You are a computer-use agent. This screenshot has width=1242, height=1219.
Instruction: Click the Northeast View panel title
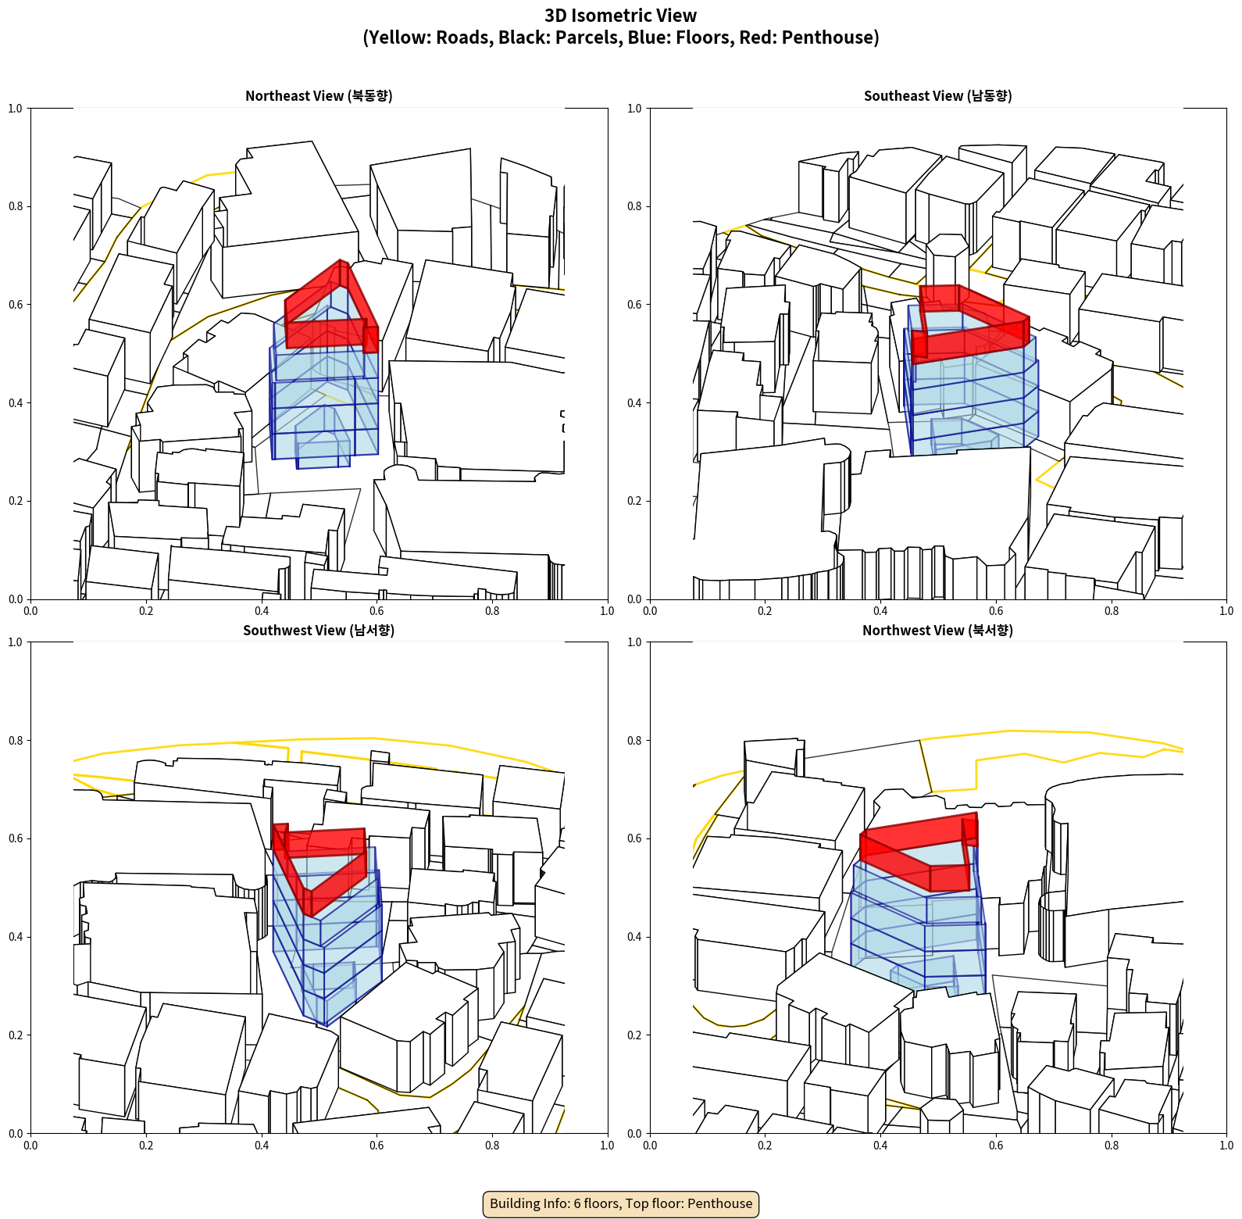[319, 95]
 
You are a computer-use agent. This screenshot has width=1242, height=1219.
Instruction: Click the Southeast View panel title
[937, 95]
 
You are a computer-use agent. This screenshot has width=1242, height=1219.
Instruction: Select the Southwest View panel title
[319, 630]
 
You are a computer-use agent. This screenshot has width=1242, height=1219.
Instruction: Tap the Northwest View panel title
[937, 630]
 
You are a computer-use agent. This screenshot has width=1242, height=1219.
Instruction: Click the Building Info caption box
[621, 1203]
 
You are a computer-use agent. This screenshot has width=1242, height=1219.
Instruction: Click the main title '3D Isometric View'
[621, 16]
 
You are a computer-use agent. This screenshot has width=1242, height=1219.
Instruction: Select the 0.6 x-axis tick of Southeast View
[996, 610]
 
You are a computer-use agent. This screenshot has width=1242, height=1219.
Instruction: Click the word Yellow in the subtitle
[395, 38]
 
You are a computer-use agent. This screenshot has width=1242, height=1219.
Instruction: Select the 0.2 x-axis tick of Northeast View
[146, 610]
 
